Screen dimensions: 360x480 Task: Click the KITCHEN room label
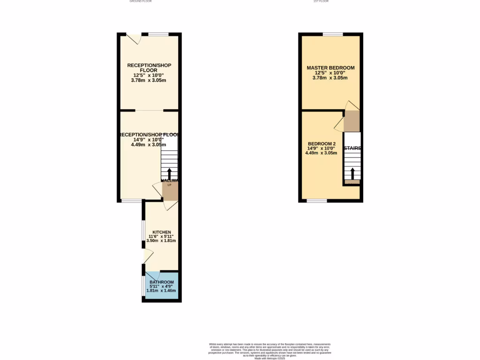[161, 232]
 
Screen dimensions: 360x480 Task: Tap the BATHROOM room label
[162, 282]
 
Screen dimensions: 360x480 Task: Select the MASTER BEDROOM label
[330, 68]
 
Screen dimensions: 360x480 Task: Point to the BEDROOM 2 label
[322, 143]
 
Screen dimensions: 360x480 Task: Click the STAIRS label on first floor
[352, 148]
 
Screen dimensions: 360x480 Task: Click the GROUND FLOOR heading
[141, 1]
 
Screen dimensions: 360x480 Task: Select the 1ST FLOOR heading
[321, 1]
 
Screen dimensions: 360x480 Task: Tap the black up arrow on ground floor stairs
[169, 174]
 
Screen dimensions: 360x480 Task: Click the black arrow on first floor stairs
[352, 173]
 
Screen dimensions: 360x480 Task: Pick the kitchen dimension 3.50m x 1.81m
[161, 240]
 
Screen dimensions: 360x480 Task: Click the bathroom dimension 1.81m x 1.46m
[161, 291]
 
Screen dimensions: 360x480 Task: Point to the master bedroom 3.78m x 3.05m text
[330, 78]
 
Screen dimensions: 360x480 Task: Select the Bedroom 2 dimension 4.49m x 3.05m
[321, 152]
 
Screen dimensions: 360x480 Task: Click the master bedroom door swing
[352, 105]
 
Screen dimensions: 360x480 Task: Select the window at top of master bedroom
[332, 34]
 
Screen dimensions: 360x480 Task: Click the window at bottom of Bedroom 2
[317, 201]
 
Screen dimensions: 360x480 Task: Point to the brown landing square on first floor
[352, 121]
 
